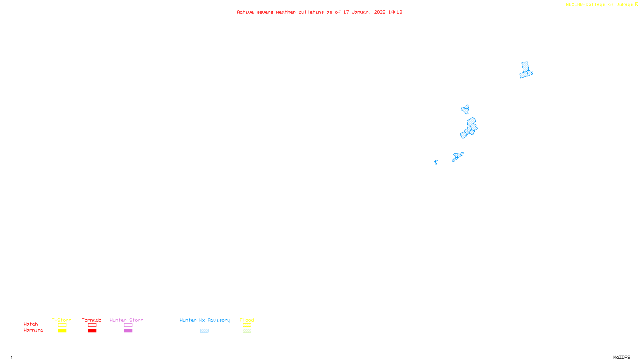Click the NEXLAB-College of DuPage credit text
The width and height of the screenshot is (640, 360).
point(599,5)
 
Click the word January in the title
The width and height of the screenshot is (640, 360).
point(361,12)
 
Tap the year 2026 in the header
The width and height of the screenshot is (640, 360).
point(380,12)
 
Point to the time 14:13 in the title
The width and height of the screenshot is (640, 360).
point(395,12)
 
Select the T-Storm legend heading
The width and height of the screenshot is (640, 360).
point(62,320)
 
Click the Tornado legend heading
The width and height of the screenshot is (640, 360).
point(92,320)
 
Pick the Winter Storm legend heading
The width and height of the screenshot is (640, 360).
point(126,320)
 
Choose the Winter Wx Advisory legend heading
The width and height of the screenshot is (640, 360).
point(205,320)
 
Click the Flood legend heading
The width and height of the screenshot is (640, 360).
point(247,320)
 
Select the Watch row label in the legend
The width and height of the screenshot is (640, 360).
point(31,324)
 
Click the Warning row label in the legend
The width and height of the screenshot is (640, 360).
point(33,330)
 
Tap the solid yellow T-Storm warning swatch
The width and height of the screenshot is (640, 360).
point(62,331)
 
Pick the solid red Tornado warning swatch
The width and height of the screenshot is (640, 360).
point(92,331)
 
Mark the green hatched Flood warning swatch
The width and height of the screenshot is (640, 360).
point(247,331)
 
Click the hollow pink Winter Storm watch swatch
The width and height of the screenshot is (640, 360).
point(128,325)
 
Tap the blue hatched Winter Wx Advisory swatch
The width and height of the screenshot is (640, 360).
point(204,331)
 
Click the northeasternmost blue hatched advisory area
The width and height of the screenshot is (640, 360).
point(526,70)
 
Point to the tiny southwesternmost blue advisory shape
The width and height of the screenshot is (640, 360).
point(436,162)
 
